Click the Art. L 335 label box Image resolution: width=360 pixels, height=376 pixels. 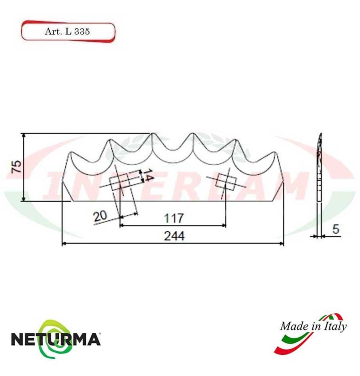[x=68, y=32]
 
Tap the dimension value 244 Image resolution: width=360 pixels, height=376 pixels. [x=174, y=236]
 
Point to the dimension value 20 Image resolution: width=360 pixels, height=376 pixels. [x=100, y=217]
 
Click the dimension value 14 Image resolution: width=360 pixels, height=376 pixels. [x=148, y=176]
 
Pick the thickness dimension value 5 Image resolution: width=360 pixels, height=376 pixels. [x=336, y=229]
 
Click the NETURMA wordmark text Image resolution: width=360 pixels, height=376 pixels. [x=55, y=339]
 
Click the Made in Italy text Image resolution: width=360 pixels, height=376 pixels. [x=313, y=326]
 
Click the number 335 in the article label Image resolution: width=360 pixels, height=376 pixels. [x=82, y=32]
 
